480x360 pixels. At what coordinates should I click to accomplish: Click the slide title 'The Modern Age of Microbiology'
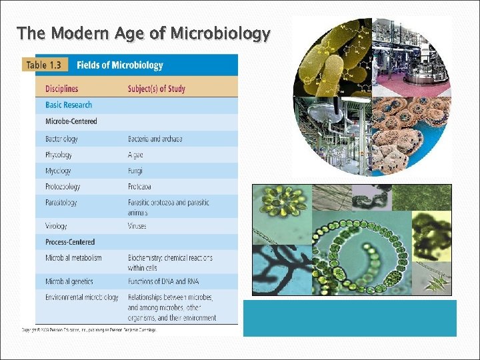click(x=143, y=33)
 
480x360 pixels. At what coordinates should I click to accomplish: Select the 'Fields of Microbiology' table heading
click(x=120, y=65)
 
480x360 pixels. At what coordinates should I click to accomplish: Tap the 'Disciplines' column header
click(x=61, y=89)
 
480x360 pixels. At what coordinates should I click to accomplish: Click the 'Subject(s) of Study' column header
click(x=157, y=89)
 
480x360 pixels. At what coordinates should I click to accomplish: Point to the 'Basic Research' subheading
click(x=69, y=105)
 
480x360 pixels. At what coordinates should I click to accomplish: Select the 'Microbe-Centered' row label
click(x=71, y=121)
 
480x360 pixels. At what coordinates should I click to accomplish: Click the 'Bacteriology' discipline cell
click(x=61, y=139)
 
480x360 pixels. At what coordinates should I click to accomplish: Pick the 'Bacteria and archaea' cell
click(x=155, y=139)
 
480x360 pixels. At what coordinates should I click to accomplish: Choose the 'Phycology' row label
click(x=59, y=155)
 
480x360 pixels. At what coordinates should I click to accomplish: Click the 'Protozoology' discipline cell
click(x=63, y=187)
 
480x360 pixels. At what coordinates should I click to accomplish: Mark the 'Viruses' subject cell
click(x=137, y=226)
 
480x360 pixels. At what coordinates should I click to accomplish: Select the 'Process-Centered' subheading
click(x=70, y=242)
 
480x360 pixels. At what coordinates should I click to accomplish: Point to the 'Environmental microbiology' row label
click(x=82, y=297)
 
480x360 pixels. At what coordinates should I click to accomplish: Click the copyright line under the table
click(x=89, y=330)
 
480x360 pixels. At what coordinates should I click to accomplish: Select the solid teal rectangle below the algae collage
click(x=349, y=318)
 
